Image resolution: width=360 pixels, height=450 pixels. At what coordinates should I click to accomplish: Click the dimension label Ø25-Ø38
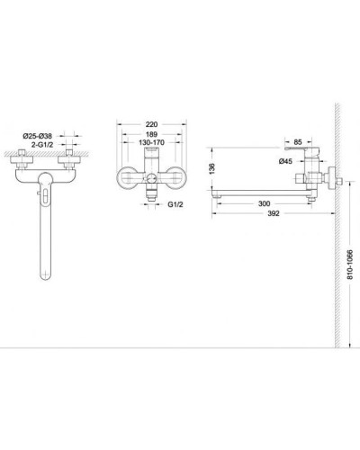42,135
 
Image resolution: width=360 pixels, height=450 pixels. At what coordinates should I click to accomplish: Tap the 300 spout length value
261,204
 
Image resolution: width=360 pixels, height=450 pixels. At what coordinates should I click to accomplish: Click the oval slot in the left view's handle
45,189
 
